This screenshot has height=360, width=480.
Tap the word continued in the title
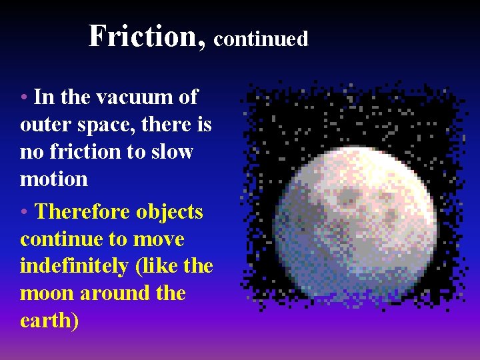coord(261,39)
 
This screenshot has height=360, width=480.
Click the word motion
coord(54,179)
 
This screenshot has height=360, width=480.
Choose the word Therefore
coord(83,212)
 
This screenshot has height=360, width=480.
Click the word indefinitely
coord(74,267)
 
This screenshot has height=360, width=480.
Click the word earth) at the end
coord(49,321)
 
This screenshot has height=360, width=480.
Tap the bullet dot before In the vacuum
coord(24,98)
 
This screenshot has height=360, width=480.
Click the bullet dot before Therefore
coord(24,213)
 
